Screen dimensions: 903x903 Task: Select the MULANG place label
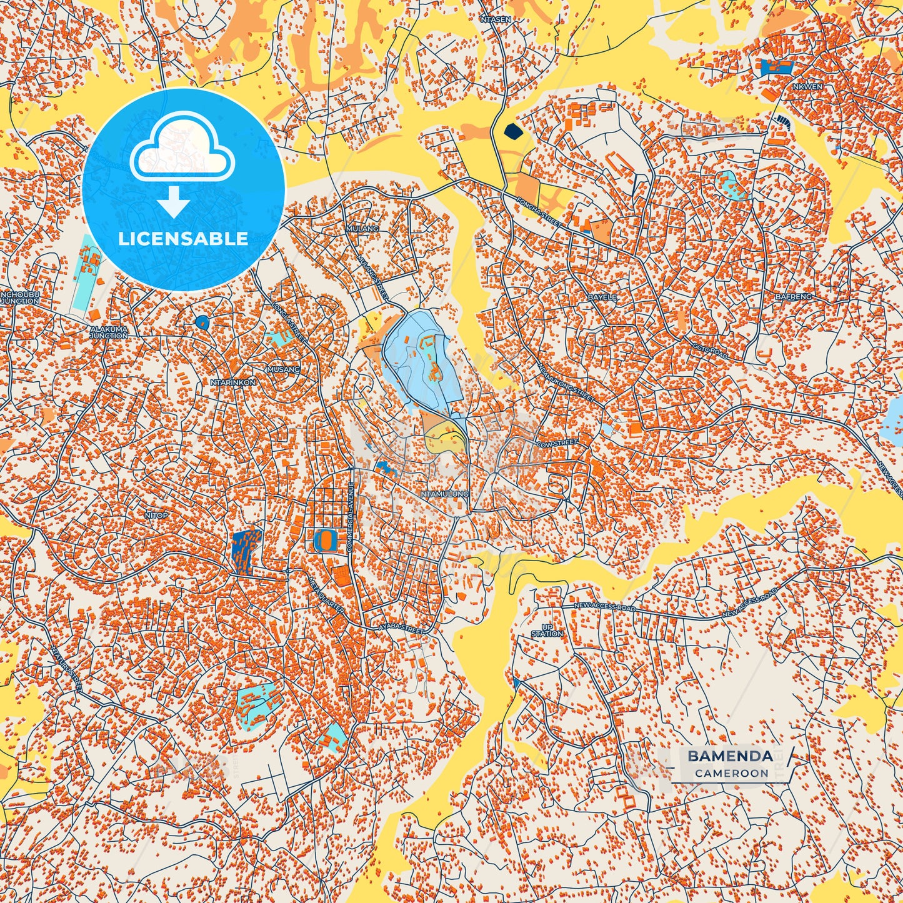click(362, 229)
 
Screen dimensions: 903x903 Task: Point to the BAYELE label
click(602, 297)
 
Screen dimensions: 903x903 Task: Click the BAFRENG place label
click(794, 297)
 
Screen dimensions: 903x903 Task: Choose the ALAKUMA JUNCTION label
click(109, 332)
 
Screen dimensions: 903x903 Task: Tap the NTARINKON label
click(233, 382)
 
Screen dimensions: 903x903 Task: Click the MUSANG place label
click(284, 369)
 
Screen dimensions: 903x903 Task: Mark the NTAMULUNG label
click(445, 494)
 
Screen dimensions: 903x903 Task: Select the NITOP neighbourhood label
click(156, 516)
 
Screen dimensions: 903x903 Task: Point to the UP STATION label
click(547, 630)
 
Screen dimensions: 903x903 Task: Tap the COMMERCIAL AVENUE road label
click(351, 516)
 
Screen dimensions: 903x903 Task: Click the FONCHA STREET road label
click(540, 212)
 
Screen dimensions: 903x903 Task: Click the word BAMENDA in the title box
click(730, 756)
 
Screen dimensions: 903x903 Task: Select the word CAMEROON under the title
click(731, 773)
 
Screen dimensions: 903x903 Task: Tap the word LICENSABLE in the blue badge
click(183, 239)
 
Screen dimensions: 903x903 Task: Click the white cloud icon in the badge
click(182, 147)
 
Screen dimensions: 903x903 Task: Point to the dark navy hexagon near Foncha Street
click(512, 131)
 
